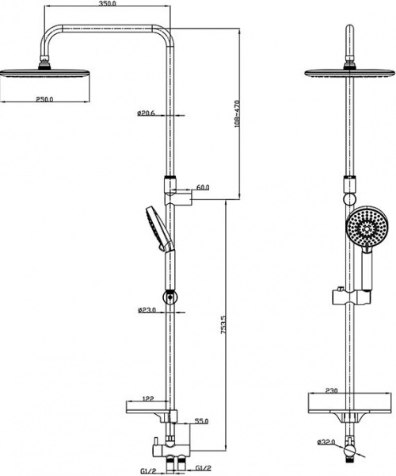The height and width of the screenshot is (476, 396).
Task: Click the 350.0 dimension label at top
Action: (107, 4)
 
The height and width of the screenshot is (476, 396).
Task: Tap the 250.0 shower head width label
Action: (44, 99)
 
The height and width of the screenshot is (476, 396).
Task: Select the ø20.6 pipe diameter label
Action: (146, 113)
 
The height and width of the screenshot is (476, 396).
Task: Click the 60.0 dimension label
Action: (203, 187)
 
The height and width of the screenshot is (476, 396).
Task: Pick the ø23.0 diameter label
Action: (147, 310)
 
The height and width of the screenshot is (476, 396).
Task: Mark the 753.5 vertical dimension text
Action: (223, 324)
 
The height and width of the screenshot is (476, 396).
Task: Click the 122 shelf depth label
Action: (148, 398)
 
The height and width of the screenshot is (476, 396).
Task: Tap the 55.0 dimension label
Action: (201, 421)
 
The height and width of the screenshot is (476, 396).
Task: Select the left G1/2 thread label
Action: (148, 470)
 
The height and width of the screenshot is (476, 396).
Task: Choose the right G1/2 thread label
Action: (203, 468)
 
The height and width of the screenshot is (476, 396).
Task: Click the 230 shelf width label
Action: (332, 390)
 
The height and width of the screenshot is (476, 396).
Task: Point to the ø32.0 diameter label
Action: (326, 443)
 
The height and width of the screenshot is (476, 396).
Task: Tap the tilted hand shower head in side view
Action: (159, 229)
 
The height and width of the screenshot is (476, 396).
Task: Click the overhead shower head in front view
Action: (350, 73)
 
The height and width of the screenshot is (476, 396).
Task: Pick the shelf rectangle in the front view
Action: (350, 403)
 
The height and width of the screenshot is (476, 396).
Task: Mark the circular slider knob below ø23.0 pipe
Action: (170, 296)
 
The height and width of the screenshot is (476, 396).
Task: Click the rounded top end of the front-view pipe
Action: (350, 29)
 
